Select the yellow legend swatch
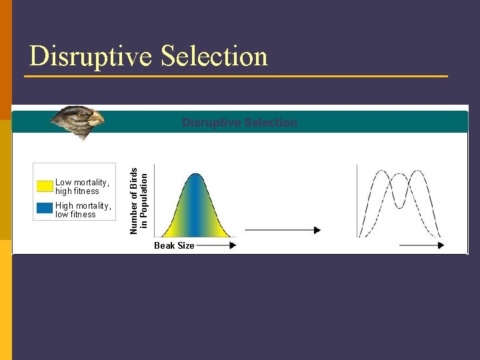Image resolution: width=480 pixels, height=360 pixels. coord(45,186)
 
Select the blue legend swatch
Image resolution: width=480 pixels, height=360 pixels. coord(45,208)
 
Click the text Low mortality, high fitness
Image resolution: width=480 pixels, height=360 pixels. coord(82,187)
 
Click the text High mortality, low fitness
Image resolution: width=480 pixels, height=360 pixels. coord(84,210)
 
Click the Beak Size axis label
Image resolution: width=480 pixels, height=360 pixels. coord(174,246)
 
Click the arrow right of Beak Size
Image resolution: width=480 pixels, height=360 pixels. coord(217,245)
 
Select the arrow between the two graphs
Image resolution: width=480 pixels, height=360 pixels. coord(283,230)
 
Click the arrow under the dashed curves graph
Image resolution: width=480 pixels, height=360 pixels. coord(421,245)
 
